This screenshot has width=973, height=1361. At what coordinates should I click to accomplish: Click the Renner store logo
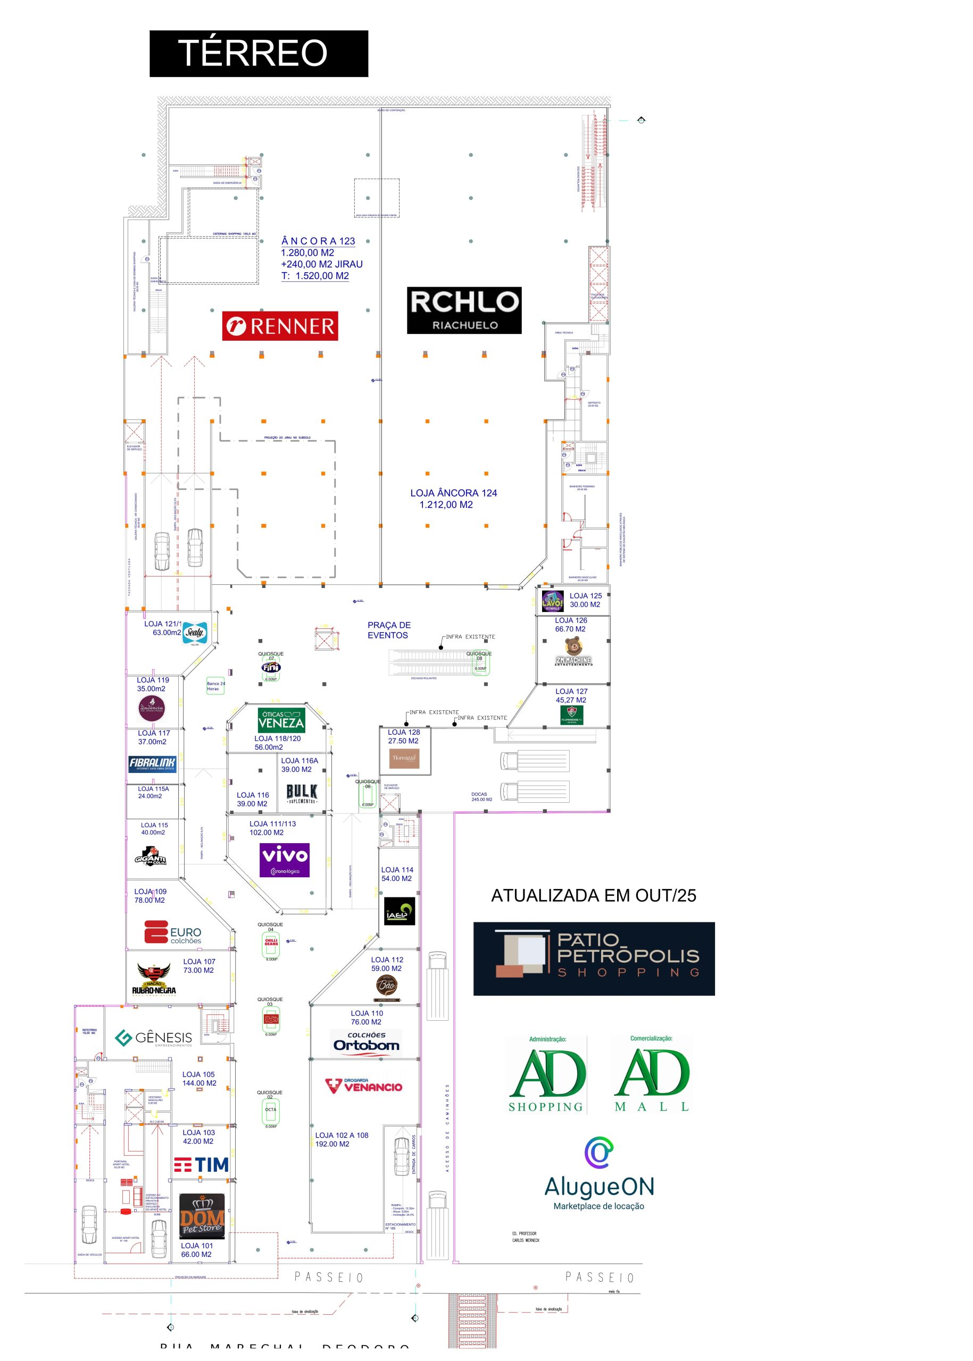(x=280, y=326)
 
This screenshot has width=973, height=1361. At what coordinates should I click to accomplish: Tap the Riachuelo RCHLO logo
(x=464, y=309)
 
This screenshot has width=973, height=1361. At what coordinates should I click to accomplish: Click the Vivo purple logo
(x=284, y=859)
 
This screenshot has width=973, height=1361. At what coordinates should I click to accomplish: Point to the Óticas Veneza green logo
(x=281, y=720)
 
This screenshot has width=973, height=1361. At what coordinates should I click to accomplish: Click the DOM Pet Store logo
(x=202, y=1215)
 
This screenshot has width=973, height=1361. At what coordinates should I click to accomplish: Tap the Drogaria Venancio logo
(x=364, y=1086)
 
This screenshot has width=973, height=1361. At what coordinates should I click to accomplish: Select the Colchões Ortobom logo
(x=366, y=1043)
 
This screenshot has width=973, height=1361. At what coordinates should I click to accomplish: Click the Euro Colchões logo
(x=172, y=932)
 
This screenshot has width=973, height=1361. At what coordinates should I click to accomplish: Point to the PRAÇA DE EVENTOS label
(x=388, y=630)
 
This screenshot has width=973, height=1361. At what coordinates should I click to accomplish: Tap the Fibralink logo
(x=152, y=763)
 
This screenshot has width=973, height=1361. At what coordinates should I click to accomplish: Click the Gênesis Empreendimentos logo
(x=153, y=1038)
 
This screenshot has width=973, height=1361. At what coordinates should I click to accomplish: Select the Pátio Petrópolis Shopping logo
(x=593, y=959)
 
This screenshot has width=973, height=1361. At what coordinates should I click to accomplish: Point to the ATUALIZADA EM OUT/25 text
(x=593, y=895)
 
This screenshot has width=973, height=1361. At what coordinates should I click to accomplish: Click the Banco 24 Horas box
(x=215, y=686)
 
